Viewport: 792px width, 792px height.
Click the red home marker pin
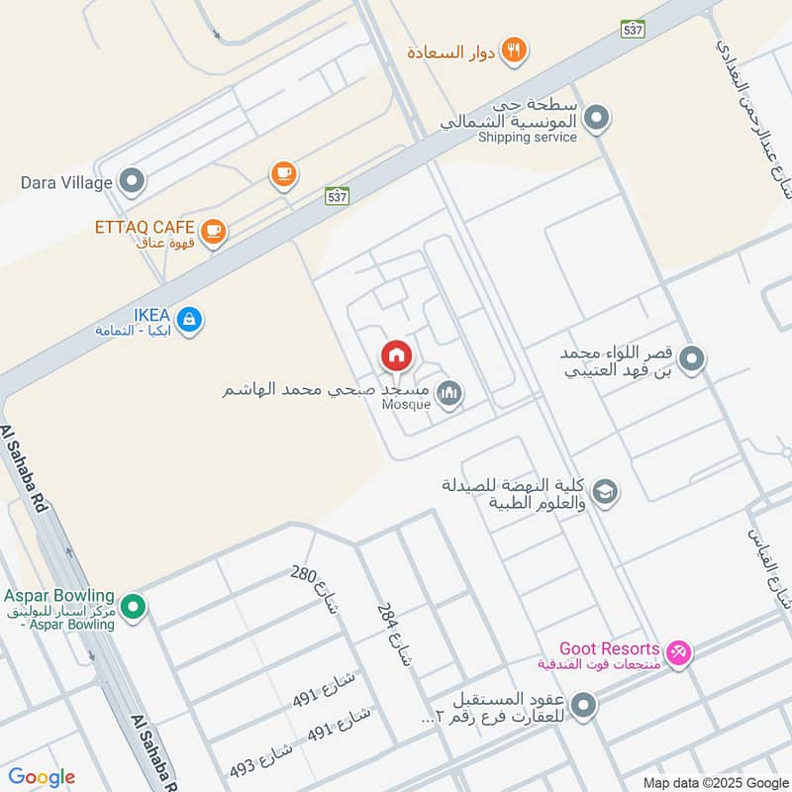click(396, 354)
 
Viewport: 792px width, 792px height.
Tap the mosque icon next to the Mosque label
click(450, 394)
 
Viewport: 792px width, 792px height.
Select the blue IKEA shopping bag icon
click(191, 319)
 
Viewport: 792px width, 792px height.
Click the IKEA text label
click(139, 314)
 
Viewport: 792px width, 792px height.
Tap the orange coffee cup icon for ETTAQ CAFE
click(213, 232)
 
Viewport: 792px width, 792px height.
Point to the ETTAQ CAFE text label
click(145, 227)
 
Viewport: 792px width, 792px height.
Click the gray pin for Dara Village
click(131, 182)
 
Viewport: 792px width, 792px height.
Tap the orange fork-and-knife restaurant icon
click(513, 49)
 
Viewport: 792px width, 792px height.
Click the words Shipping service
click(527, 138)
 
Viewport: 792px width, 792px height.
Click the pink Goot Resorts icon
click(678, 651)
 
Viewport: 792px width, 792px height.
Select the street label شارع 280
click(315, 589)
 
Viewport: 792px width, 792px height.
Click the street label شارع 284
click(393, 631)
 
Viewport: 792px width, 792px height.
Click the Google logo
click(41, 777)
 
